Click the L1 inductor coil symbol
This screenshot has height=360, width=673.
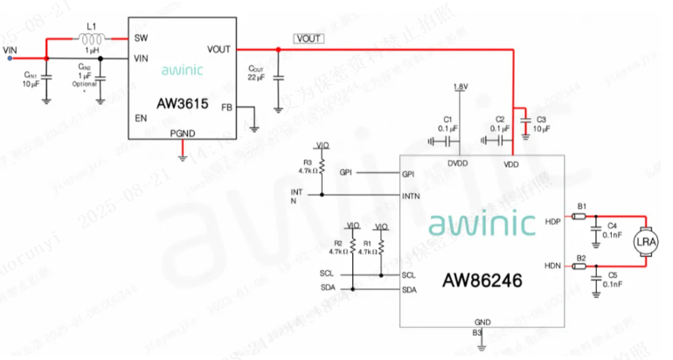pos(90,38)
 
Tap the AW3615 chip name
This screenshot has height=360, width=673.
pos(182,103)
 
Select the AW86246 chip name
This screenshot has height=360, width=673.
pos(479,281)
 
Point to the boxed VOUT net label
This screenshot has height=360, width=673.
pos(309,38)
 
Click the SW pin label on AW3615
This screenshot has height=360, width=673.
pos(141,38)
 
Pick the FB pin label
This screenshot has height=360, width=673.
pos(226,107)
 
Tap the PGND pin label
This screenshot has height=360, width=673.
pos(182,132)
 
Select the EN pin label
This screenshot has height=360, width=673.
pos(140,116)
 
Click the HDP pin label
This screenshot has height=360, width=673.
pos(552,221)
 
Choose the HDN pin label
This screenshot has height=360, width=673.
pos(552,264)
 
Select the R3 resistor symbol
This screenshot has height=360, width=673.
pos(322,164)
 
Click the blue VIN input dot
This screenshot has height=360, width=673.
pos(10,59)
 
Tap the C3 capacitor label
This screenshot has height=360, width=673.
pos(541,118)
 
